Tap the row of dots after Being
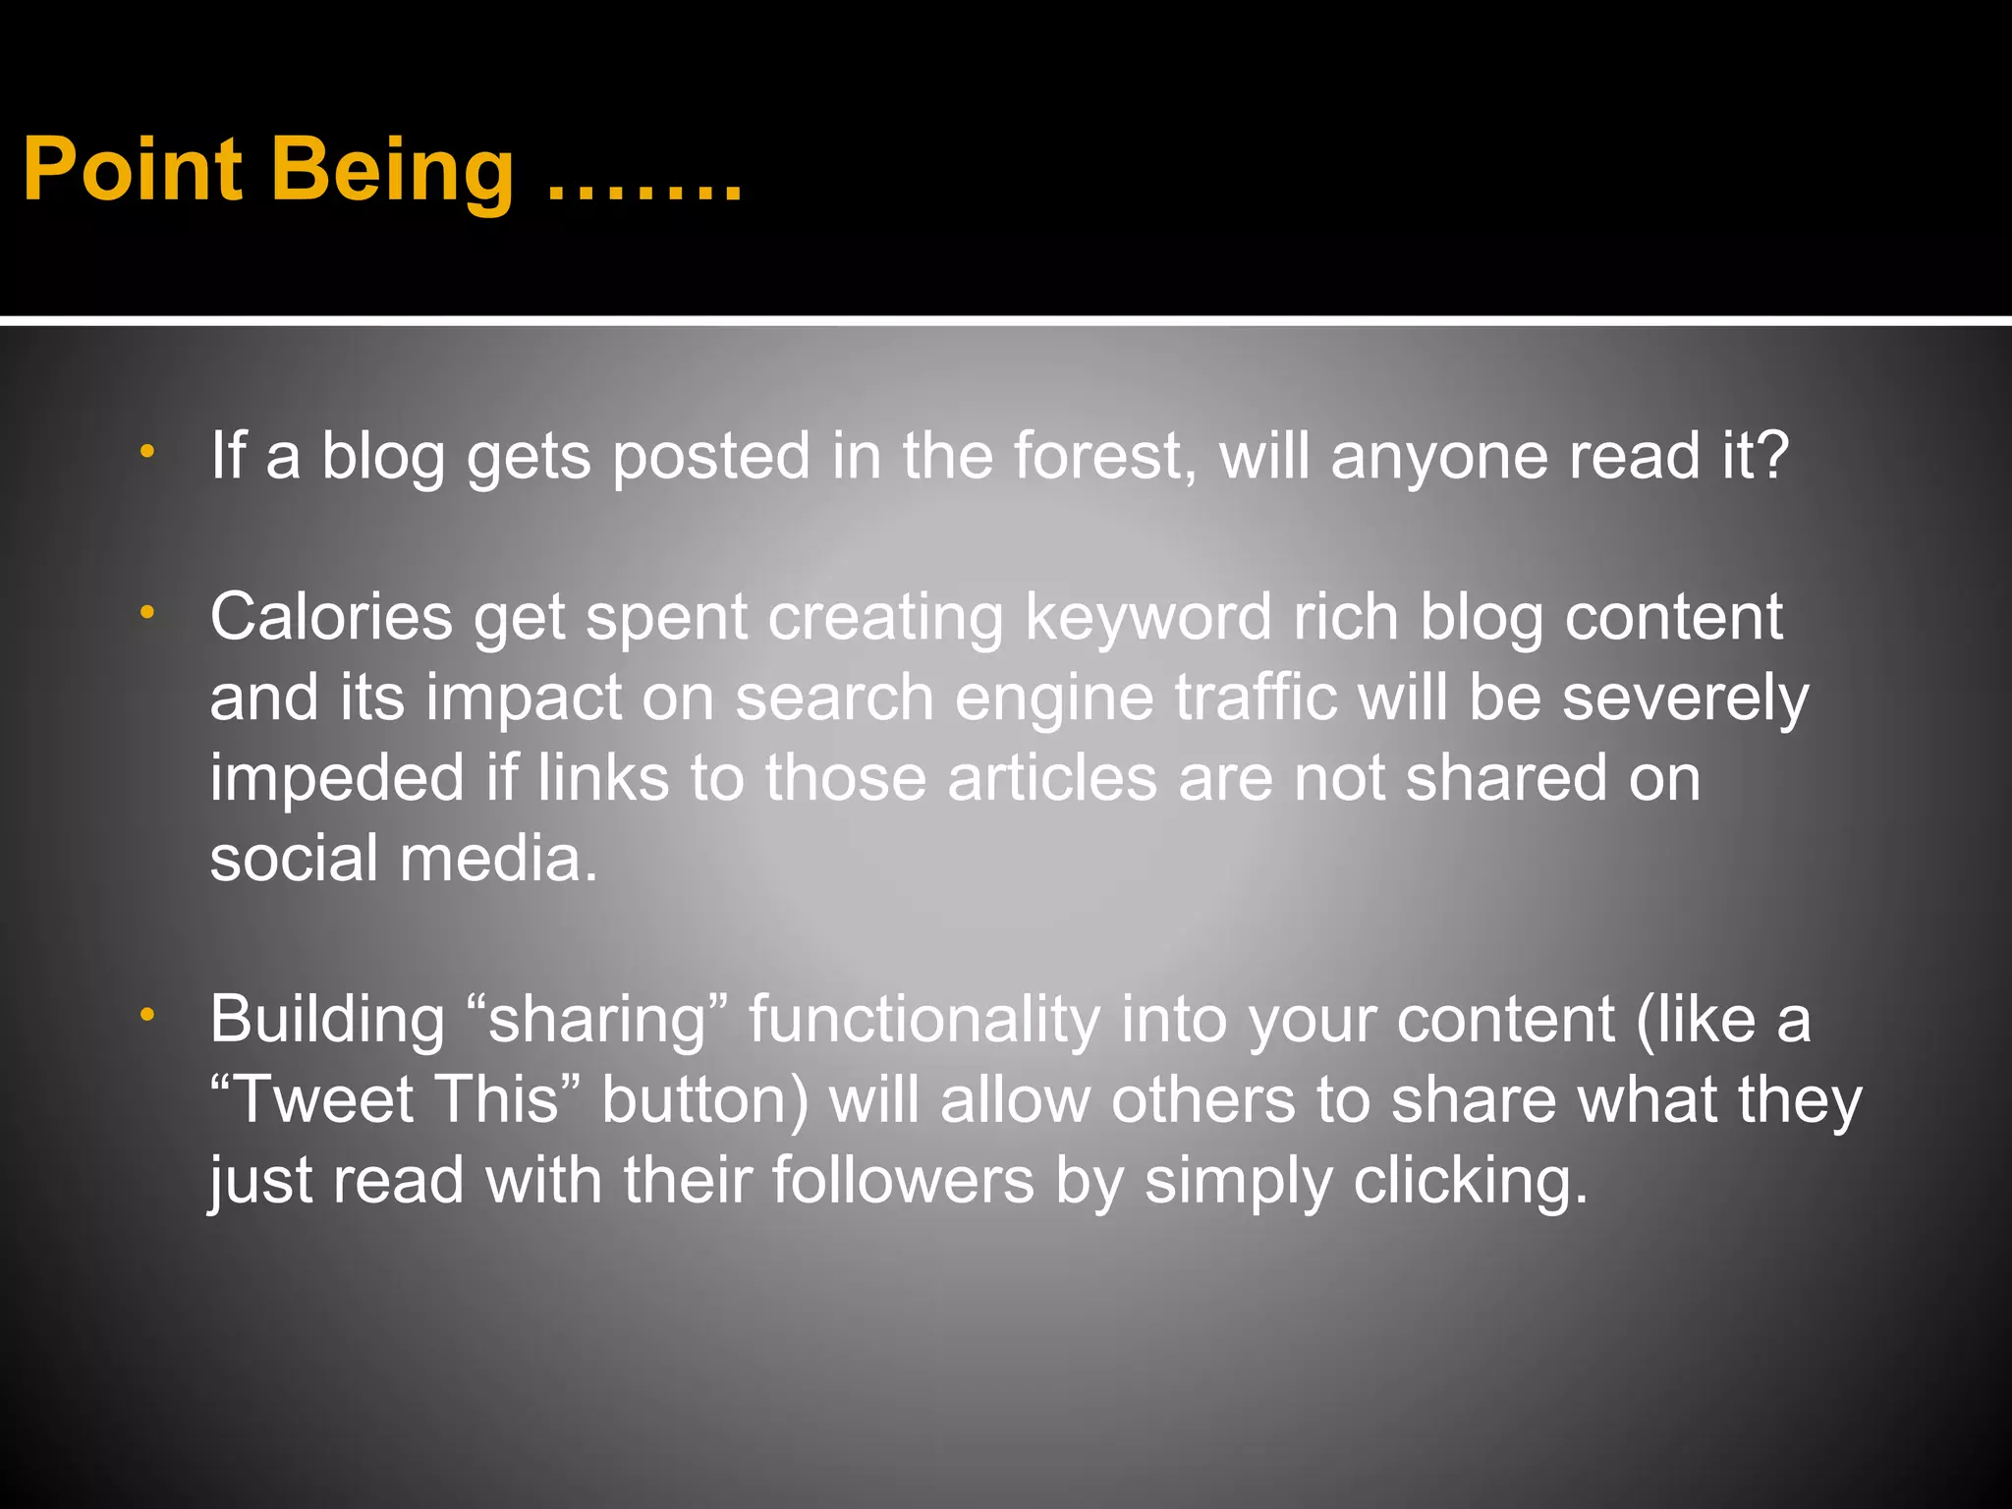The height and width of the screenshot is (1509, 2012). [x=643, y=193]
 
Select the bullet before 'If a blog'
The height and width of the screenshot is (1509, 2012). [x=147, y=452]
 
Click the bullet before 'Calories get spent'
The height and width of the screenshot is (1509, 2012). [x=147, y=613]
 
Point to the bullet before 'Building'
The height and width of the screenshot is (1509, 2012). [x=147, y=1014]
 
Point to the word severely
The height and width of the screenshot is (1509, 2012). [x=1685, y=699]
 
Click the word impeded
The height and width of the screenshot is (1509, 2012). [x=337, y=780]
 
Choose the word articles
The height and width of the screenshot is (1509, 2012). [x=1052, y=778]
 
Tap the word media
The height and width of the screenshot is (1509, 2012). [x=498, y=859]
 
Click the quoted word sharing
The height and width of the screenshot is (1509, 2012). [x=597, y=1022]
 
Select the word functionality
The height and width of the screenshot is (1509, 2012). [x=924, y=1022]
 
